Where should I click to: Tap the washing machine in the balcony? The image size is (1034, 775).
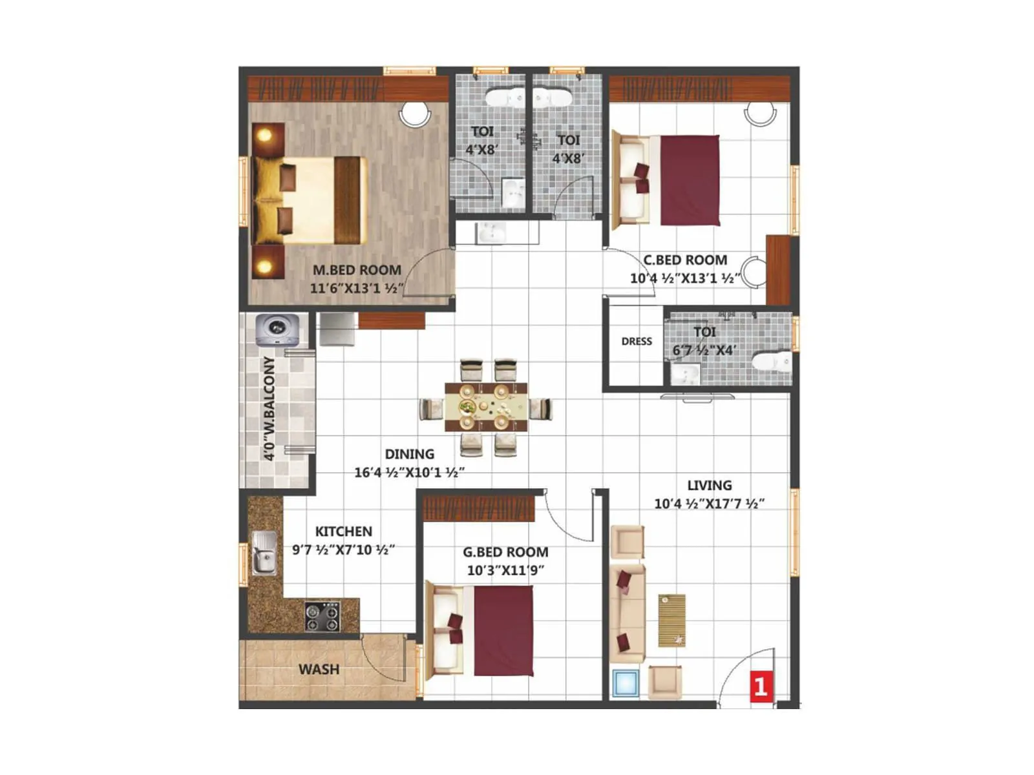[x=277, y=330]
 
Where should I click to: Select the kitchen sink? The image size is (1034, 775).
[x=264, y=553]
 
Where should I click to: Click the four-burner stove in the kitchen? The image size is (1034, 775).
[x=322, y=616]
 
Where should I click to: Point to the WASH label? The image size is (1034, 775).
[x=319, y=670]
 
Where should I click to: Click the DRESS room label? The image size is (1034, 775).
[x=637, y=342]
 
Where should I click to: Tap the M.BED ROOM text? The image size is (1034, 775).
[x=357, y=270]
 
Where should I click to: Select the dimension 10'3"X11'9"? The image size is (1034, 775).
[x=505, y=570]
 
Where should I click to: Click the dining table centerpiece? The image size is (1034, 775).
[x=468, y=407]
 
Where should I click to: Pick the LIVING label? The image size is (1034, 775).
[x=709, y=486]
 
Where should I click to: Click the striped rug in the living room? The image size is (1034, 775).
[x=671, y=620]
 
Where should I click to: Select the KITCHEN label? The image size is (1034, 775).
[x=343, y=532]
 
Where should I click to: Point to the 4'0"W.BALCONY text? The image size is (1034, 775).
[x=269, y=408]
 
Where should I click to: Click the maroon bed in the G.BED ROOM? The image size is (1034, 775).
[x=503, y=630]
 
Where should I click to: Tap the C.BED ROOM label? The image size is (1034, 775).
[x=685, y=260]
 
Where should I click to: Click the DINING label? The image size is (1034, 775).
[x=409, y=454]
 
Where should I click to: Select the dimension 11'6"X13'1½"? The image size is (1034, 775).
[x=357, y=288]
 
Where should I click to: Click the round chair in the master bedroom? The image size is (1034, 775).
[x=414, y=114]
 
